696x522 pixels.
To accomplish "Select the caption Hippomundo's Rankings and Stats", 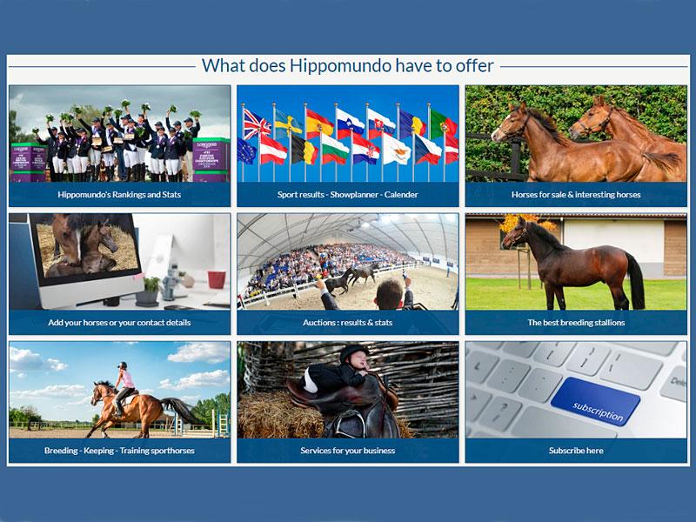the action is tap(119, 194).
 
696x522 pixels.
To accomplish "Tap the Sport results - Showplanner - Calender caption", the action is tap(347, 194).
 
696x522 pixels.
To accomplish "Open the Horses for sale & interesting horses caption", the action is tap(576, 194).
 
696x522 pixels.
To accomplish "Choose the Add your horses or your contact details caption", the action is tap(119, 323).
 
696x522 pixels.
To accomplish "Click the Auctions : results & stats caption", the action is tap(347, 323).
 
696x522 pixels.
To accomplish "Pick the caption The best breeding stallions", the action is tap(576, 323).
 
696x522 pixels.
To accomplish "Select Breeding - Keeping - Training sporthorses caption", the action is tap(119, 451).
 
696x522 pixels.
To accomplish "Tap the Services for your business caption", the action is tap(347, 451).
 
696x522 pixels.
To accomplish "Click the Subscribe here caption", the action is tap(576, 451).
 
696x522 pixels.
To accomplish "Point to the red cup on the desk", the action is tap(217, 279).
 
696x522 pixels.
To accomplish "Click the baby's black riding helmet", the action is tap(354, 353).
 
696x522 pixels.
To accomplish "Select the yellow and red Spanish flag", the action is tap(319, 124).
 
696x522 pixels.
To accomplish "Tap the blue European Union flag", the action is tap(247, 151).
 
